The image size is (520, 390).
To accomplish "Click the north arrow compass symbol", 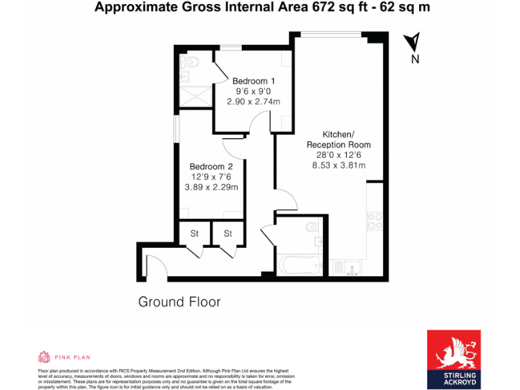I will coord(412,43).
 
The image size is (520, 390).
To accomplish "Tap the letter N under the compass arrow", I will coord(415,59).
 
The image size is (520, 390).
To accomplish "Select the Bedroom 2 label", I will coord(211,167).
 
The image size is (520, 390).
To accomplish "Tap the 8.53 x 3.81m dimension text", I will coord(339,165).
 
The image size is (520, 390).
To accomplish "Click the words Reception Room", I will coord(339,145).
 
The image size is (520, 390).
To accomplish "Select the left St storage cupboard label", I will coord(194,234).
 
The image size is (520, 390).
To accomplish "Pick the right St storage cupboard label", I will coord(228,234).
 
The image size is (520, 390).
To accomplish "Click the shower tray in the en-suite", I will coord(195,97).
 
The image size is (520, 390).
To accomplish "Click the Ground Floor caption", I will coord(179,302).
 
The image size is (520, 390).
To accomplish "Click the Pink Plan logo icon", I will coord(44,357).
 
